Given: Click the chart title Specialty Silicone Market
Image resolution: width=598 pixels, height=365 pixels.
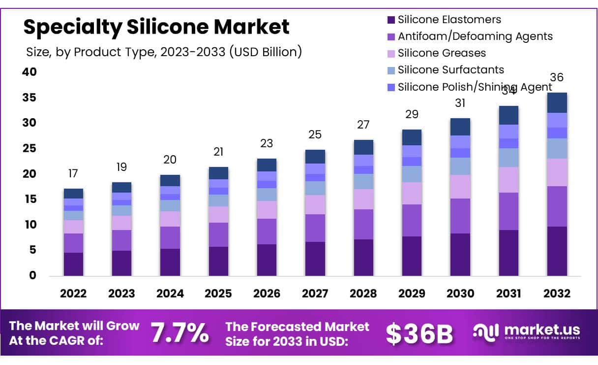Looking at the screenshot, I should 156,27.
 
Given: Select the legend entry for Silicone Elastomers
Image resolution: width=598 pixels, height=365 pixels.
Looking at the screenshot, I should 449,20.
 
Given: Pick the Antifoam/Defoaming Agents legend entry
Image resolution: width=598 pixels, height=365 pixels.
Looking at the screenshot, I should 475,36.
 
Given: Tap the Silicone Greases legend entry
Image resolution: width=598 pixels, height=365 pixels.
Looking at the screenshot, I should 441,53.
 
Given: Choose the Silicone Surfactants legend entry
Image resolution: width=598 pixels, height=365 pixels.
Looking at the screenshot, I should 450,70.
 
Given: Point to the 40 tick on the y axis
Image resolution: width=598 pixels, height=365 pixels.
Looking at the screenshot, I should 30,72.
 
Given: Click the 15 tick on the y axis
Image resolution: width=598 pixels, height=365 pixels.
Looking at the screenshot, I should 30,199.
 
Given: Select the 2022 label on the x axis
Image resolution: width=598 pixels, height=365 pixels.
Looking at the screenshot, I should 73,294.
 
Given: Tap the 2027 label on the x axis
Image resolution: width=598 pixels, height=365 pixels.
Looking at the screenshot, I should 315,294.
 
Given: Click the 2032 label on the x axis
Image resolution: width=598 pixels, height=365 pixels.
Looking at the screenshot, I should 557,294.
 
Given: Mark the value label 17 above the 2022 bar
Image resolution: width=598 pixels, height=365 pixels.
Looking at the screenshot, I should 73,173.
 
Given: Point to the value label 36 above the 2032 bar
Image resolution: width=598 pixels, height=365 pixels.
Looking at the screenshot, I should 557,78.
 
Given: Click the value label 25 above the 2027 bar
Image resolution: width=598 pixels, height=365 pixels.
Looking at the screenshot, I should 315,134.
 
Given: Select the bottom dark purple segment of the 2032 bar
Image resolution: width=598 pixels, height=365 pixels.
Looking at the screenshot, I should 557,251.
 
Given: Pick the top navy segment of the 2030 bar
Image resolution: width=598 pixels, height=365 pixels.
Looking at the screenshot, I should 460,127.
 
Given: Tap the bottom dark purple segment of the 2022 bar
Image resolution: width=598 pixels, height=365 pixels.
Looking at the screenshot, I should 73,264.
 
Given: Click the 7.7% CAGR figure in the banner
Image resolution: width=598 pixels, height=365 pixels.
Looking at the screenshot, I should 179,333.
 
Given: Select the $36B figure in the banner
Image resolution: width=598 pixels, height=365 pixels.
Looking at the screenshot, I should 419,334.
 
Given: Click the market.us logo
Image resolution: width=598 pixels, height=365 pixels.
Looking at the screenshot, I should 527,332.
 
